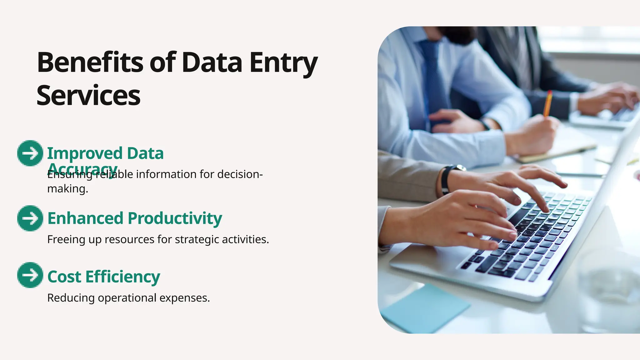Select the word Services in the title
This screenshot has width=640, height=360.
(88, 96)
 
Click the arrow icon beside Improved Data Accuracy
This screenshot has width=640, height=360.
(30, 153)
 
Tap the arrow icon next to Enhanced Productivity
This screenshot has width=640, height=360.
(30, 218)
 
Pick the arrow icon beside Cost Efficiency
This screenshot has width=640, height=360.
(30, 275)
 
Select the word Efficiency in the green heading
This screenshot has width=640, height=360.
(122, 277)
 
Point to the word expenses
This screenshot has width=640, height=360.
(184, 298)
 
